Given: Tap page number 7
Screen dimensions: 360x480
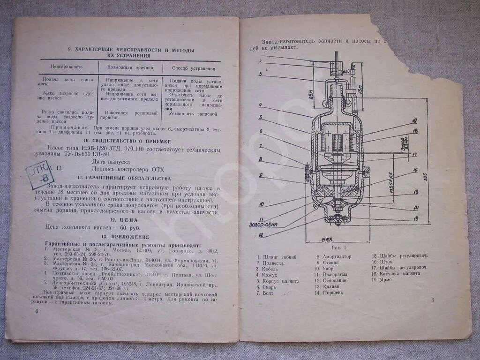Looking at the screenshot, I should click(433, 300).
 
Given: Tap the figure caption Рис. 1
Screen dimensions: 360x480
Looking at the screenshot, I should click(338, 247).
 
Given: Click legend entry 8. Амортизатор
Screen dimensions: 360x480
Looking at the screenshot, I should click(333, 257).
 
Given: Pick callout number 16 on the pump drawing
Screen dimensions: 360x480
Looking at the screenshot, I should click(415, 171).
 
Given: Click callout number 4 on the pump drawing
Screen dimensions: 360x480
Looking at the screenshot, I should click(260, 105).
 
